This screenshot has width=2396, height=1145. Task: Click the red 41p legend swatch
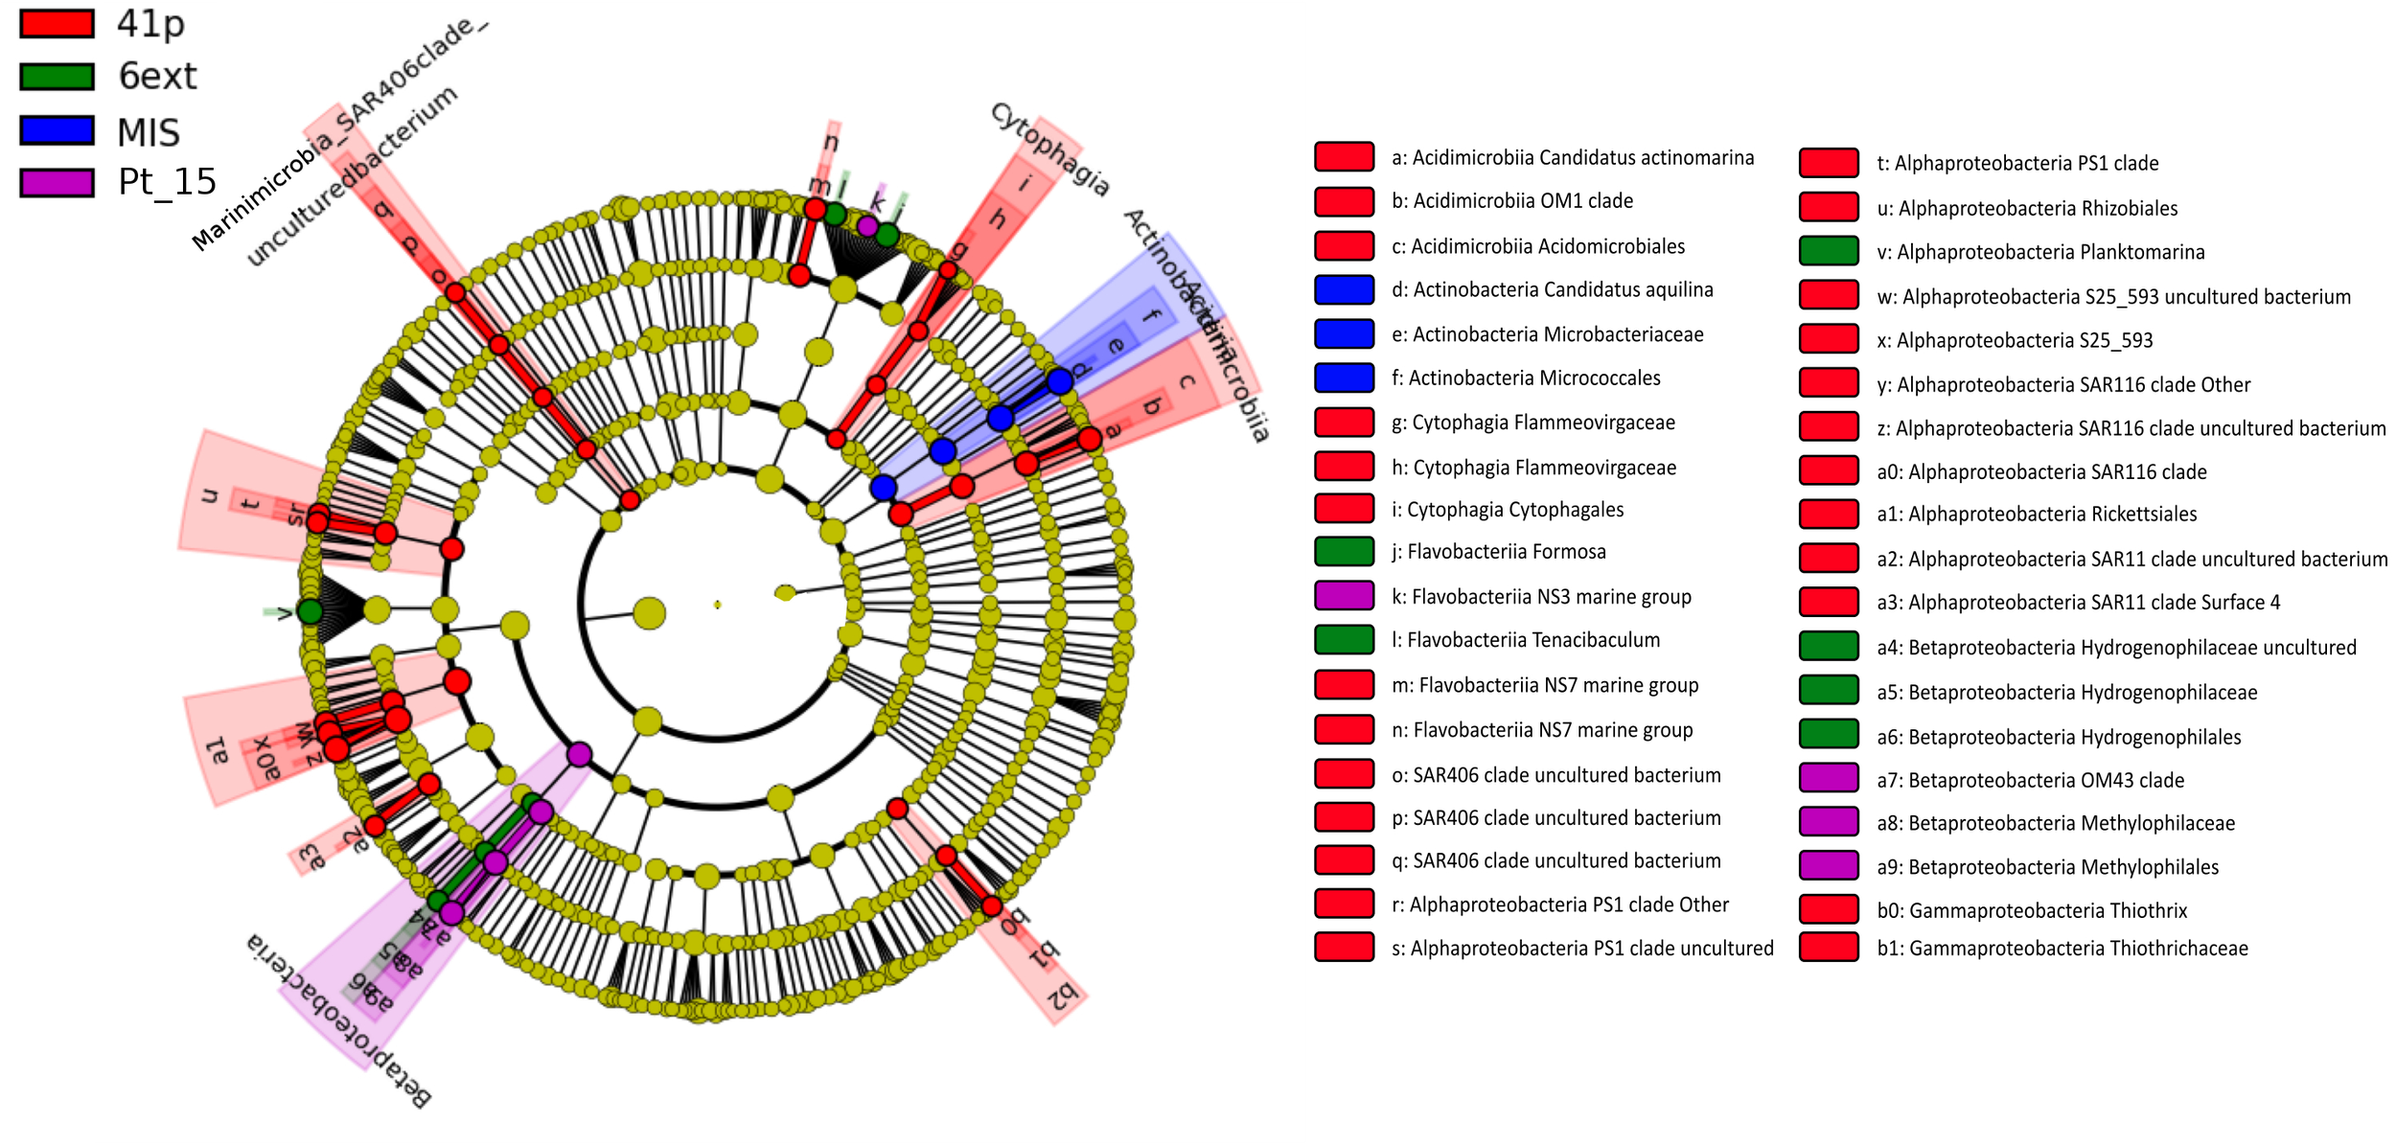[x=58, y=24]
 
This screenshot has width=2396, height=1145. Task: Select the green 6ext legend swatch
[x=58, y=77]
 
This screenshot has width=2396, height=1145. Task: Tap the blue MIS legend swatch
[x=58, y=130]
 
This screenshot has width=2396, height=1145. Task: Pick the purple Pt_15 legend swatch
[x=58, y=182]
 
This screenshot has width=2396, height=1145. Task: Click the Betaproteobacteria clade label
[x=339, y=1021]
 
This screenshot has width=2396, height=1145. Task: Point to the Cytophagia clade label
[x=1050, y=149]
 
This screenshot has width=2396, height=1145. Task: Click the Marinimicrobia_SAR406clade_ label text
[x=340, y=134]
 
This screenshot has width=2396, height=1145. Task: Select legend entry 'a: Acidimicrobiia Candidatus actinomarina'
[x=1572, y=157]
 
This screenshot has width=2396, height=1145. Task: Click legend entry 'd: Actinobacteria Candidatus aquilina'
[x=1562, y=289]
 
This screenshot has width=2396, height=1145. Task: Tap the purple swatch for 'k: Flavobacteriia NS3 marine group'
[x=1344, y=596]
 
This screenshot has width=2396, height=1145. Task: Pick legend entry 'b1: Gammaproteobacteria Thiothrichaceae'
[x=2062, y=949]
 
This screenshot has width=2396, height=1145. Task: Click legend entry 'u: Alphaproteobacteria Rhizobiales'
[x=2038, y=208]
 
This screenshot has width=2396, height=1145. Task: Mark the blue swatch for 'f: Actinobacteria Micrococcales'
[x=1344, y=378]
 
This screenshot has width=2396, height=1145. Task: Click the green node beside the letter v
[x=310, y=611]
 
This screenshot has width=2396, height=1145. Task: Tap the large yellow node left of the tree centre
[x=650, y=613]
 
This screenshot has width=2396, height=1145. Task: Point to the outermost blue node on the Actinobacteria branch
[x=1059, y=381]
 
